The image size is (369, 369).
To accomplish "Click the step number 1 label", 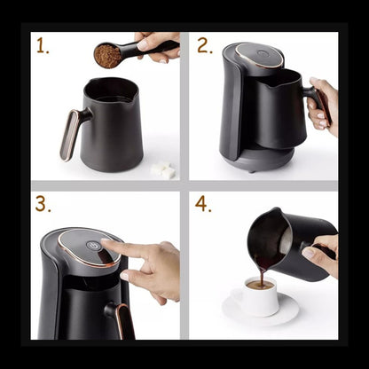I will coord(43,46).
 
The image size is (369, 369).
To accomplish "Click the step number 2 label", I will coord(204,46).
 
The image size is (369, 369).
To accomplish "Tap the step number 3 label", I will coord(43,204).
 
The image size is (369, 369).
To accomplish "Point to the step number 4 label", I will coord(204,204).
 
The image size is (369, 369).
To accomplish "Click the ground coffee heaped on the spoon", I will coord(107,55).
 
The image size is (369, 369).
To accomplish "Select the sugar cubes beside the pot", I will coord(163,169).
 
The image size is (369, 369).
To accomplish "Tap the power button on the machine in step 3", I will coord(90,247).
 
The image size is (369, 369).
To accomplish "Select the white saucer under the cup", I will coord(261,312).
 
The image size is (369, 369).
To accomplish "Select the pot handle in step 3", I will coord(118,318).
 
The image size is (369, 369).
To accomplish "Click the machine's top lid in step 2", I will coord(259,57).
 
